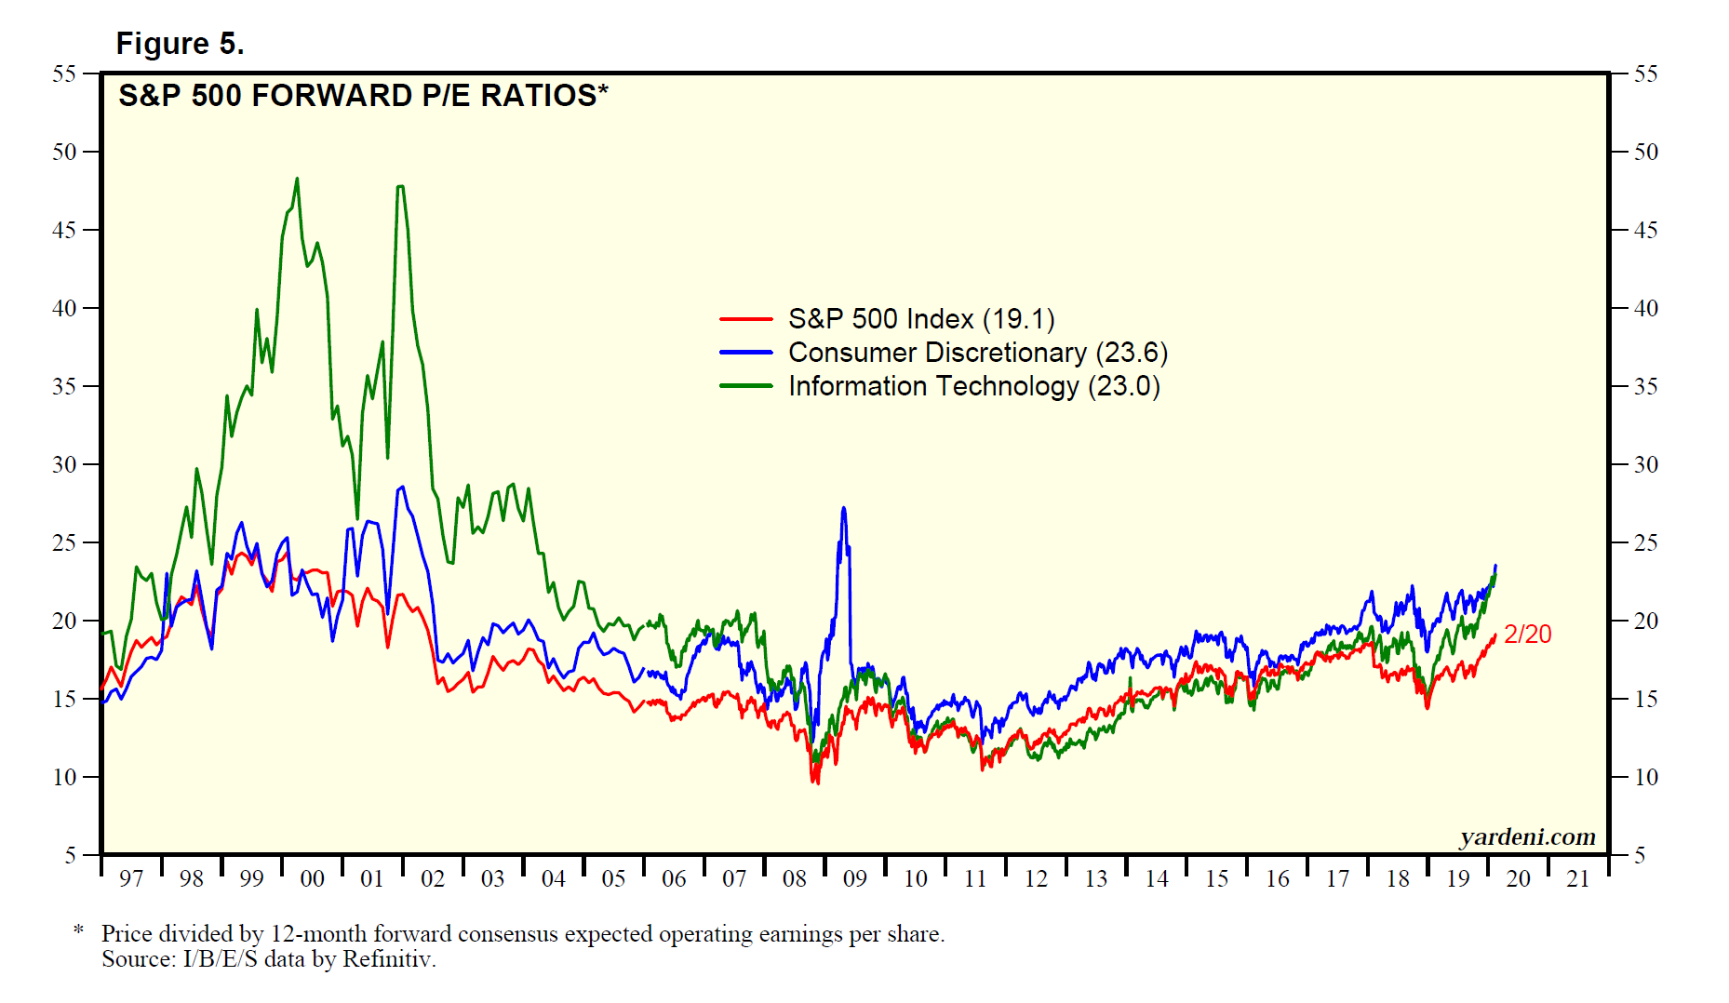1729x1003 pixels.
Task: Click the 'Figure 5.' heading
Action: (x=180, y=44)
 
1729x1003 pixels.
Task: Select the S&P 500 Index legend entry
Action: (x=920, y=319)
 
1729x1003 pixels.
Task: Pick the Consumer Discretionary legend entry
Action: (x=977, y=353)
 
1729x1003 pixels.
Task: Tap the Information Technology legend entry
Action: (x=973, y=386)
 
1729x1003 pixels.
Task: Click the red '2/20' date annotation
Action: (x=1527, y=635)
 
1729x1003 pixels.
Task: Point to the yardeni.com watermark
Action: (x=1527, y=837)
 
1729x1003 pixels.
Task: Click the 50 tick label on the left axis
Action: (x=64, y=152)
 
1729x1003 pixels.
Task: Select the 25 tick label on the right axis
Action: (x=1646, y=542)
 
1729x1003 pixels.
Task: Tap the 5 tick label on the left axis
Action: (x=70, y=855)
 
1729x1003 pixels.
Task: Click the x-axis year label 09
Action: (x=854, y=879)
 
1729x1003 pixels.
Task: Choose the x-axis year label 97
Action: (x=131, y=879)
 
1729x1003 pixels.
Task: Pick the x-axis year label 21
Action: (x=1578, y=879)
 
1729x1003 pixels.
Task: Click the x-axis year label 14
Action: (x=1156, y=879)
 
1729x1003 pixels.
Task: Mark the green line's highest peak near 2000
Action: (x=297, y=179)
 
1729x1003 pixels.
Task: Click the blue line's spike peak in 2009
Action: (x=843, y=508)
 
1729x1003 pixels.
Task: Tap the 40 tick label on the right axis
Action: (x=1646, y=308)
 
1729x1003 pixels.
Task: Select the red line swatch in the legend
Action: (x=745, y=319)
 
